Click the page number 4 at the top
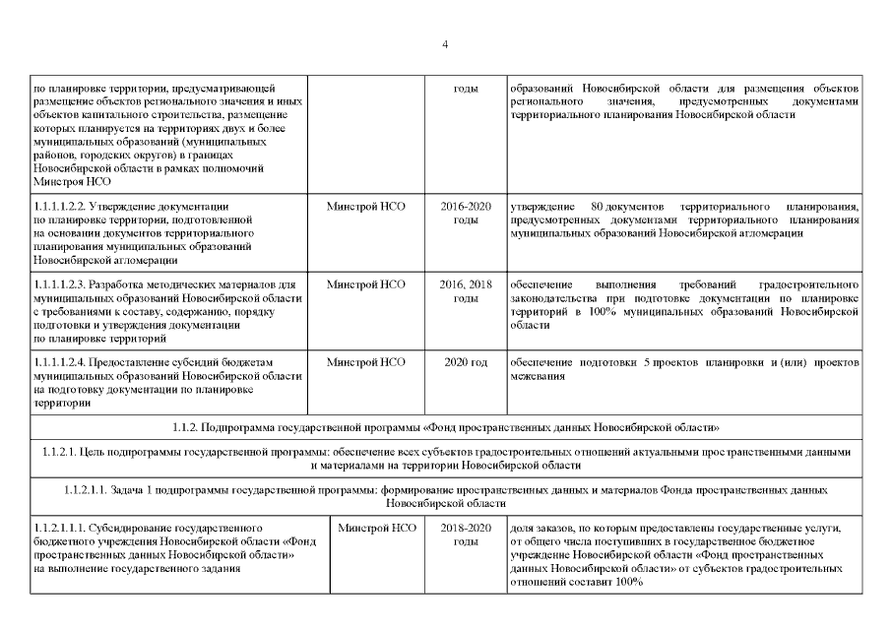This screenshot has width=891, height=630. [445, 45]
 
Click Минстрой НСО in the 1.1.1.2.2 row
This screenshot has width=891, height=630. [366, 208]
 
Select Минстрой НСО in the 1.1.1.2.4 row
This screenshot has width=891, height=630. [366, 363]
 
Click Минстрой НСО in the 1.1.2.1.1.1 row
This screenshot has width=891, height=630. [377, 529]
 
